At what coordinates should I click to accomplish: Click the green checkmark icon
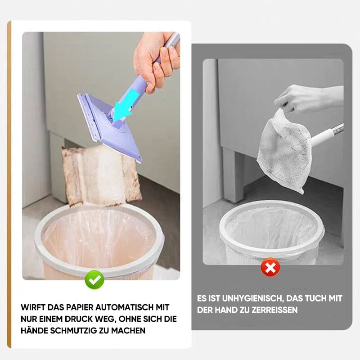click(x=94, y=279)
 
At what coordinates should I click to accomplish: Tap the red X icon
click(x=270, y=267)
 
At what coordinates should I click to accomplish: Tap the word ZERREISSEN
click(x=274, y=310)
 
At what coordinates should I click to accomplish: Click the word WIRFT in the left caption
click(x=32, y=307)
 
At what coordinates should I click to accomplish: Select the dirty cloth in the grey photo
click(x=285, y=150)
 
